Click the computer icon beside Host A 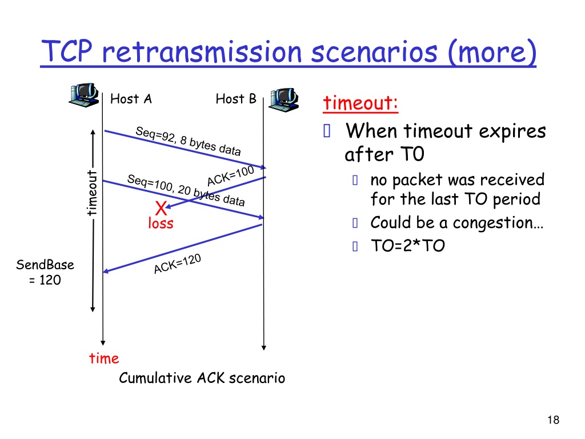[x=83, y=95]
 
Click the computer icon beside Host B [x=283, y=99]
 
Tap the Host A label [x=131, y=99]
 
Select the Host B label [x=236, y=99]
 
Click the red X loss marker [x=161, y=208]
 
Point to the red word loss [x=161, y=224]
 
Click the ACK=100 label [x=231, y=176]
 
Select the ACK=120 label [x=178, y=264]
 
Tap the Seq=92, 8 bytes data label [x=188, y=141]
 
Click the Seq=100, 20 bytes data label [x=186, y=190]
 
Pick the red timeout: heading [x=360, y=103]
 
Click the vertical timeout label [x=92, y=193]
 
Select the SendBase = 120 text [x=45, y=272]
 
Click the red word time [x=104, y=358]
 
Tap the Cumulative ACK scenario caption [x=202, y=378]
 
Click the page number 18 [x=553, y=420]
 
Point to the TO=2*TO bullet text [x=408, y=246]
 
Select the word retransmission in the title [x=202, y=52]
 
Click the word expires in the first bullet [x=512, y=132]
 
